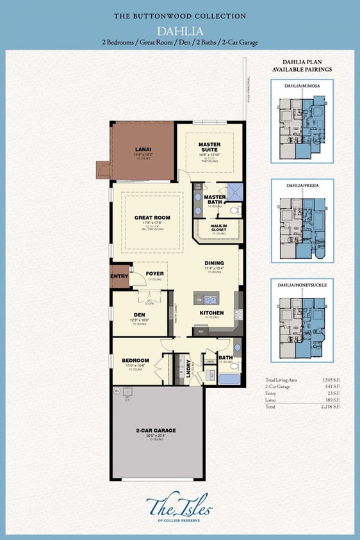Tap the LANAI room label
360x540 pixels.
[x=142, y=149]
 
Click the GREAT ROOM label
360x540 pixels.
[x=152, y=218]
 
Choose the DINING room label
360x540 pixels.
[x=215, y=263]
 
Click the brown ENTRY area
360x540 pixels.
[x=119, y=276]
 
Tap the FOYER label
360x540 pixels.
[x=154, y=274]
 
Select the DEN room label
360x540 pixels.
[x=139, y=315]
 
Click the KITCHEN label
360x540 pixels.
[x=211, y=313]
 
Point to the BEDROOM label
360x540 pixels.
[x=135, y=361]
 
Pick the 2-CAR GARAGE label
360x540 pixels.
[x=155, y=430]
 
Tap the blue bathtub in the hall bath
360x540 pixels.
[x=228, y=379]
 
